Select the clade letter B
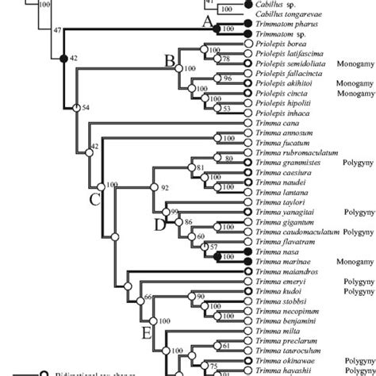tap(169, 59)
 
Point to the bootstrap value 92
tap(166, 187)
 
